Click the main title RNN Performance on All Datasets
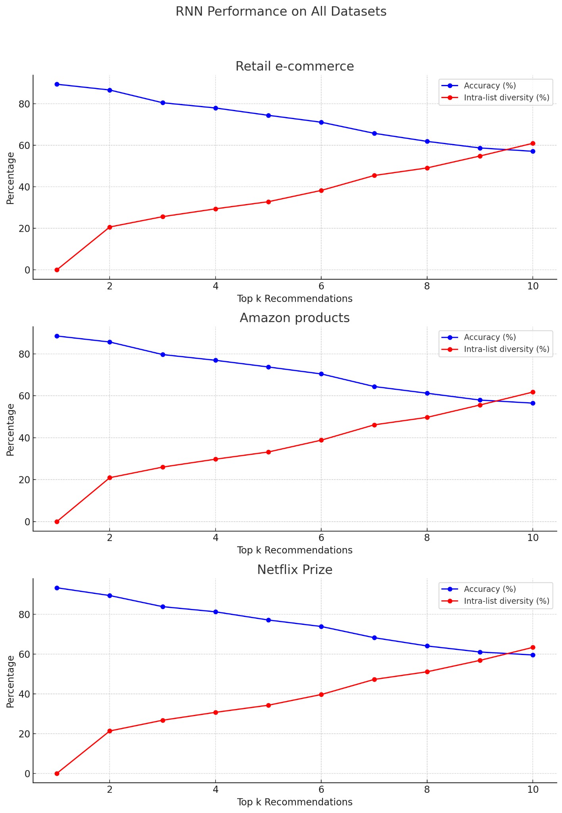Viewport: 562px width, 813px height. [281, 12]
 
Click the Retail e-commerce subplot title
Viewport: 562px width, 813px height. [295, 66]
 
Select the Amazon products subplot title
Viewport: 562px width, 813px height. [295, 318]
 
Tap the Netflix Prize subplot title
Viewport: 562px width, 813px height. [295, 570]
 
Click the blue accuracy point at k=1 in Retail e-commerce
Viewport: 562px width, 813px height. [57, 84]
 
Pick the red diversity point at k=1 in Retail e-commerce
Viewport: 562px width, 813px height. [57, 270]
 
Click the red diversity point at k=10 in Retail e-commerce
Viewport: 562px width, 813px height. [533, 143]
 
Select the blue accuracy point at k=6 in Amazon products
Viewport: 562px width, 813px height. [321, 374]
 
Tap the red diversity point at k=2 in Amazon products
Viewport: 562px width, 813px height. [110, 478]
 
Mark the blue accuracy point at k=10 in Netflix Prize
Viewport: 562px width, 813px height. [533, 655]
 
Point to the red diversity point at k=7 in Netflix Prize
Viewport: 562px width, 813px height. [374, 679]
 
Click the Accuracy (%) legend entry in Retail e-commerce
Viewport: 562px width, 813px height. [489, 86]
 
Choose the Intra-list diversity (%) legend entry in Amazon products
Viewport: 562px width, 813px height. [506, 349]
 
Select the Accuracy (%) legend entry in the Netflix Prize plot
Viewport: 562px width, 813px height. [489, 589]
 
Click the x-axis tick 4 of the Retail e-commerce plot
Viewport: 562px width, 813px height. [215, 287]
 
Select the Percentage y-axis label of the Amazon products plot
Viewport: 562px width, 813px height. [11, 430]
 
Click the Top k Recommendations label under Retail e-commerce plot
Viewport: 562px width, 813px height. [295, 299]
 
